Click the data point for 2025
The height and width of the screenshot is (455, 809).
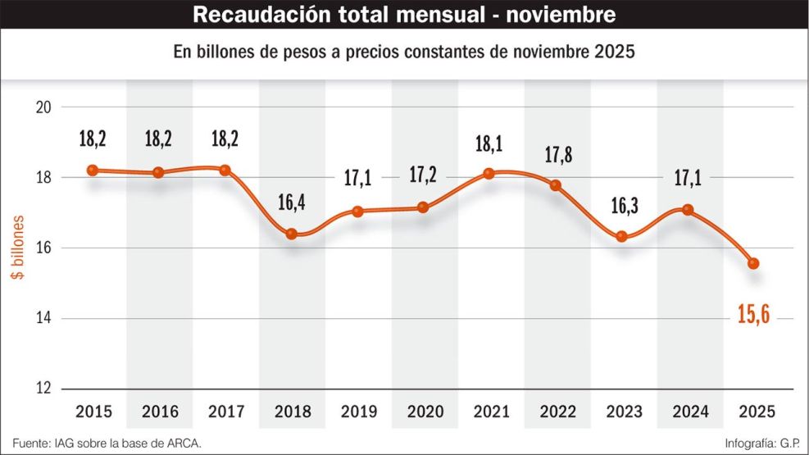click(753, 263)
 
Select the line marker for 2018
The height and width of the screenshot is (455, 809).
click(291, 234)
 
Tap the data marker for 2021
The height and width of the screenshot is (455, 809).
click(489, 173)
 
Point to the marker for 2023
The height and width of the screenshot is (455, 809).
click(621, 236)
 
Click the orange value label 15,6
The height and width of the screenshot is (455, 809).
click(753, 312)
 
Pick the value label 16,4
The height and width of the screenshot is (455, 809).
click(291, 202)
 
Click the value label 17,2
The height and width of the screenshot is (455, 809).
click(422, 175)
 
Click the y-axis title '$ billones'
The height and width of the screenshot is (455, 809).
click(17, 248)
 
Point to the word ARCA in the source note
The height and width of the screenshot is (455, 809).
click(182, 443)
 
